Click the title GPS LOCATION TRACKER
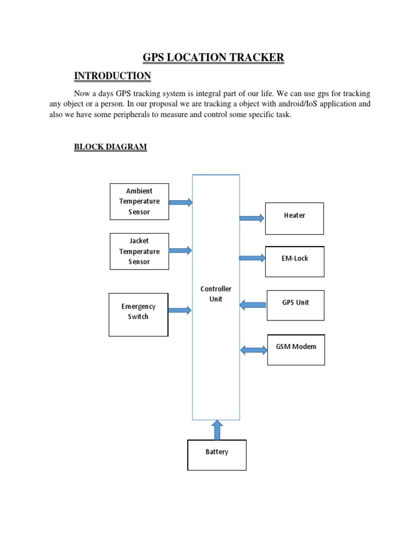[213, 57]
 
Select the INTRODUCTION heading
[113, 75]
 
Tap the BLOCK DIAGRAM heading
[110, 147]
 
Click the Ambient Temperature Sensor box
[139, 201]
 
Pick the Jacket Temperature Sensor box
[139, 251]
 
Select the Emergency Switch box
[138, 314]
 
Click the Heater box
[294, 218]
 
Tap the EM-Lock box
[295, 261]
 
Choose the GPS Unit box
[295, 305]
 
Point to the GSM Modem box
[296, 349]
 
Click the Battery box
[217, 454]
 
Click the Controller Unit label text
[216, 294]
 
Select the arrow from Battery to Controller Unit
[217, 430]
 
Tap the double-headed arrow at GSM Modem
[254, 349]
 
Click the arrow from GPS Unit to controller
[253, 305]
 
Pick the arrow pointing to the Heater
[252, 218]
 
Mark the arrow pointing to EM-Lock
[252, 258]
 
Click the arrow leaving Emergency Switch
[180, 310]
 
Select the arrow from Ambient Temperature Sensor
[180, 202]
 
